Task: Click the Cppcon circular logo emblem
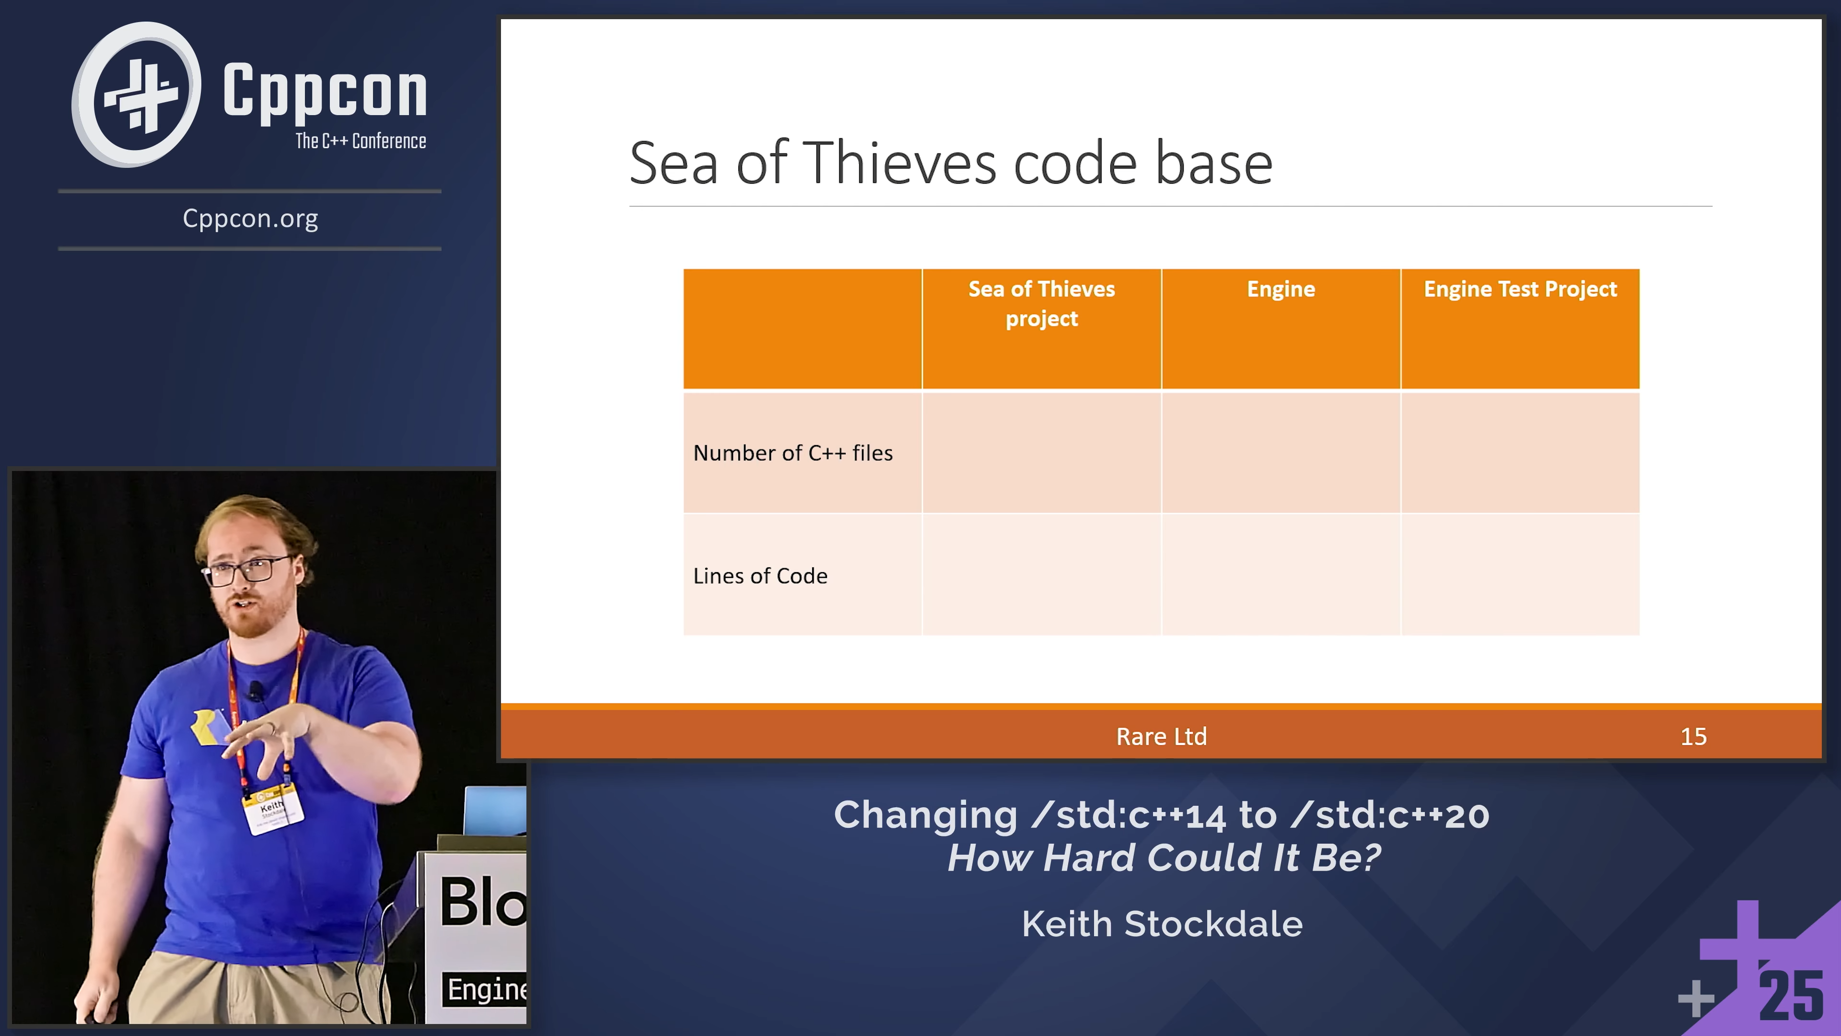[136, 94]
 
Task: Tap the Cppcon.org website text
[250, 218]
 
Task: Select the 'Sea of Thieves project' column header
[1041, 303]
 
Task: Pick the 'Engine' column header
[1281, 289]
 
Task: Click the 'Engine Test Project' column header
[1520, 289]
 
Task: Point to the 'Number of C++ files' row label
[792, 453]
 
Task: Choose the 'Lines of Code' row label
[760, 576]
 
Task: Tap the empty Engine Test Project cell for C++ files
[1520, 453]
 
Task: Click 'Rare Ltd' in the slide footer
[1161, 736]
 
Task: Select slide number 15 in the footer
[1693, 736]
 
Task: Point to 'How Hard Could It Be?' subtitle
[1164, 857]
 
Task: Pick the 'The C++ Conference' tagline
[361, 141]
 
